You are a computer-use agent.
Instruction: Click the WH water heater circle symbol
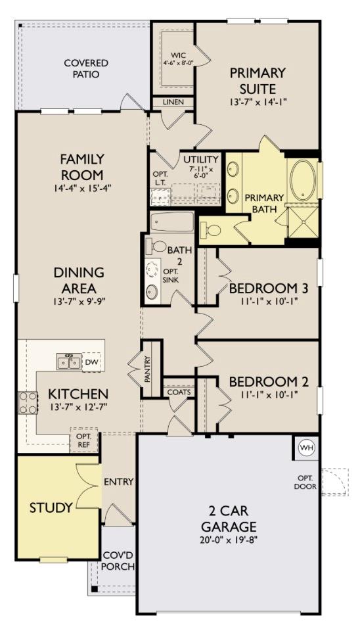point(306,448)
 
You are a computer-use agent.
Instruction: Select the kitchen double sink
point(69,362)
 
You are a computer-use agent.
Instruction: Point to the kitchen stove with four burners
point(28,402)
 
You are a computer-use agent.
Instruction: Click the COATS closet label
point(178,392)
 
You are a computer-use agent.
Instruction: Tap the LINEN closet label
point(173,103)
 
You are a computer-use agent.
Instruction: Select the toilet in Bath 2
point(159,247)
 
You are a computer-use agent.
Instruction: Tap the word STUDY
point(51,507)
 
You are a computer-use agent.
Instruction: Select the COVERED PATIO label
point(86,68)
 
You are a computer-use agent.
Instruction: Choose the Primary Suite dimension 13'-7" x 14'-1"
point(258,103)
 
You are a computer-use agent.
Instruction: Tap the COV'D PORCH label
point(119,561)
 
